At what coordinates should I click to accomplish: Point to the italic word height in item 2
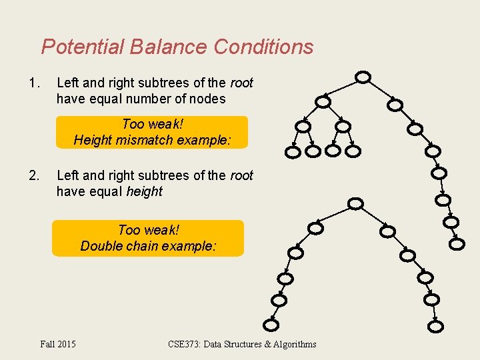click(x=144, y=191)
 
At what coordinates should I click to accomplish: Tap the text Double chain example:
click(x=148, y=245)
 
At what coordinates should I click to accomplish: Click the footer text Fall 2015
click(x=58, y=344)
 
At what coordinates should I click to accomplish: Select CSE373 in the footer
click(x=184, y=344)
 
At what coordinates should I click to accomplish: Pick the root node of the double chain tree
click(x=356, y=203)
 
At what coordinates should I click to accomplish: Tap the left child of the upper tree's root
click(x=323, y=101)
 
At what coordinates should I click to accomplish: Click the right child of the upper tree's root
click(x=395, y=105)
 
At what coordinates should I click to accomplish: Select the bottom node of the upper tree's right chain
click(x=457, y=244)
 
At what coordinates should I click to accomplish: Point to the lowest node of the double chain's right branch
click(x=435, y=326)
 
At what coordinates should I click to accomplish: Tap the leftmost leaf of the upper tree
click(x=293, y=151)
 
